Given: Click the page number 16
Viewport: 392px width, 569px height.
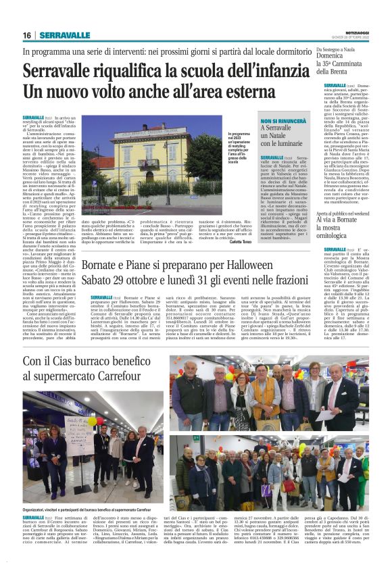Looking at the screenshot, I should point(27,35).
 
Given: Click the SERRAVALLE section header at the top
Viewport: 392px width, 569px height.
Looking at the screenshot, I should point(65,35).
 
